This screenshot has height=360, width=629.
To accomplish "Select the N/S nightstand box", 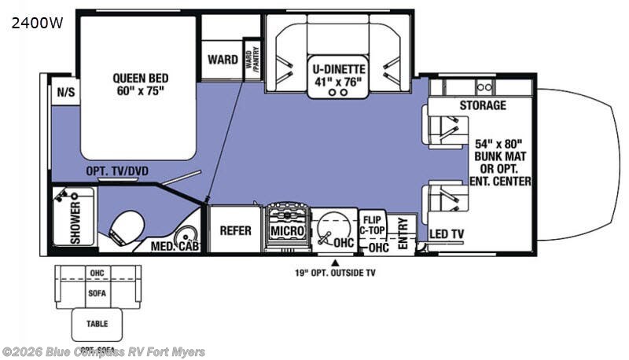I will click(64, 92).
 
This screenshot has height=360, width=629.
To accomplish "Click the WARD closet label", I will click(223, 60).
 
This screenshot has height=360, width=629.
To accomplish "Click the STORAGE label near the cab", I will click(483, 105).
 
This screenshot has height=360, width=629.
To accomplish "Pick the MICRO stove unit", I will click(286, 230).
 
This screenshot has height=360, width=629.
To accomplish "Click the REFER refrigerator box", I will click(235, 230).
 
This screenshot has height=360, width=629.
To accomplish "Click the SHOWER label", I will click(75, 224).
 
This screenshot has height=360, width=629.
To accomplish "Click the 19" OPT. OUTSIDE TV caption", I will click(336, 274).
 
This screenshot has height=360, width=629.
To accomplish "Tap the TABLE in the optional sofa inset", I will click(97, 322).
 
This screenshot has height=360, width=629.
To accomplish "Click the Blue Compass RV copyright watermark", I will click(103, 351).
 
